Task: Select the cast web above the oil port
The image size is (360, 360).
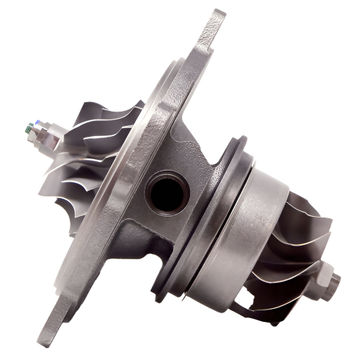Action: (x=173, y=144)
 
